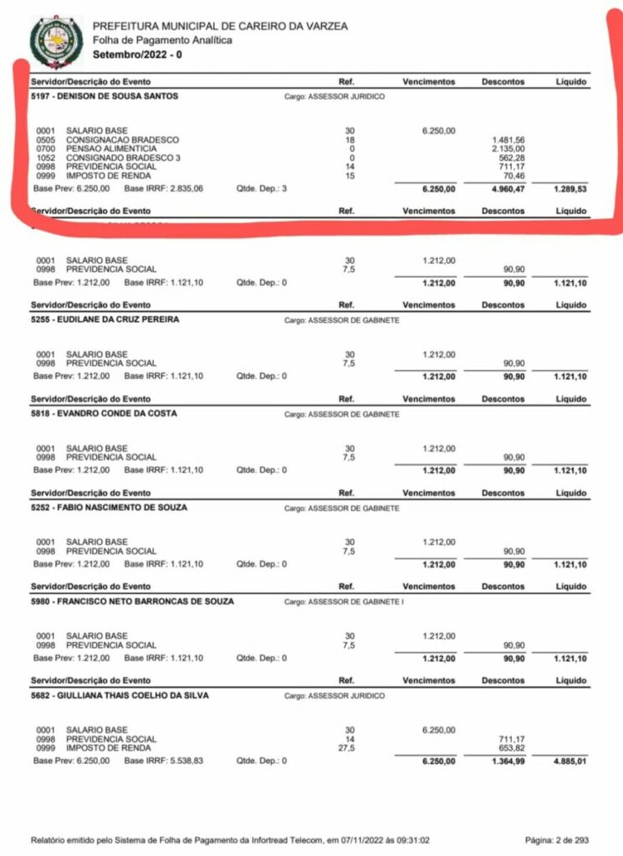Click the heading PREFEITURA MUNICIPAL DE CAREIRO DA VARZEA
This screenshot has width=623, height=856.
(x=220, y=26)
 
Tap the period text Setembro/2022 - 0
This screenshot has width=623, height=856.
(x=137, y=54)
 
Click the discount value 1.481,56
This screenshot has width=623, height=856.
(x=508, y=140)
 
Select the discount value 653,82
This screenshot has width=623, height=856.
(x=511, y=748)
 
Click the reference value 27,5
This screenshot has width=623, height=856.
(x=350, y=748)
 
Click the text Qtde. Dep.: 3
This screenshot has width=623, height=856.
(x=262, y=190)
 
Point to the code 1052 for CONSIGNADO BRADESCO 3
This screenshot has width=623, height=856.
(x=45, y=157)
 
